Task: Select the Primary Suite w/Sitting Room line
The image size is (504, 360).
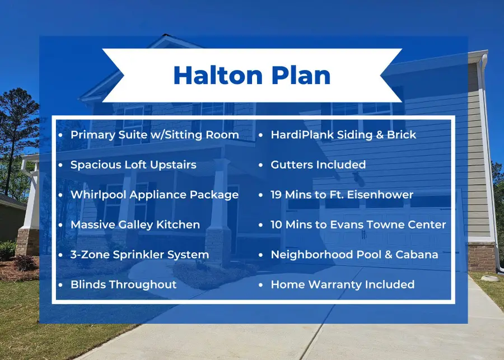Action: [155, 135]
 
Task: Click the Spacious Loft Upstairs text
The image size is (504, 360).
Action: [133, 165]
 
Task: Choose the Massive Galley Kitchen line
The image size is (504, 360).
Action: [135, 225]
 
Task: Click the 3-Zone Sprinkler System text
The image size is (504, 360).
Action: [139, 255]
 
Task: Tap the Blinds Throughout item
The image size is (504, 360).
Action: [123, 284]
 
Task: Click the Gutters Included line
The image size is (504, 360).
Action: [318, 165]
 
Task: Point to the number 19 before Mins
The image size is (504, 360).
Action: [277, 195]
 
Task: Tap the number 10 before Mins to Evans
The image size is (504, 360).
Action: [277, 225]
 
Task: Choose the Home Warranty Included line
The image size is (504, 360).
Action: [342, 284]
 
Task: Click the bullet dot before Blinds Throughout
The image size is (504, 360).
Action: [60, 285]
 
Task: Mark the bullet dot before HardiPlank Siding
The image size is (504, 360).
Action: [260, 135]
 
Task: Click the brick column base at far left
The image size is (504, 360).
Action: [26, 241]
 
